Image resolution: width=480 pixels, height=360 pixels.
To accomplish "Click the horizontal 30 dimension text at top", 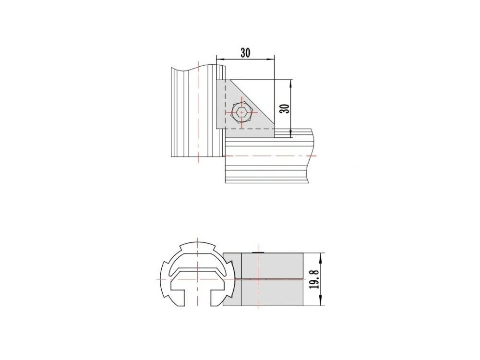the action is point(245,53).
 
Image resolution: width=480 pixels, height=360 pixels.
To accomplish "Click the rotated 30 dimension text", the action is point(285,108).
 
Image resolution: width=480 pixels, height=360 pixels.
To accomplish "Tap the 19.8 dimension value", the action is point(314,279).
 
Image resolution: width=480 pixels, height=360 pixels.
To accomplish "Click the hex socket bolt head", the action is point(242,113).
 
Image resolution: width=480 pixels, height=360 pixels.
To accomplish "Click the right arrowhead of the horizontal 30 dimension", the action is point(271,59).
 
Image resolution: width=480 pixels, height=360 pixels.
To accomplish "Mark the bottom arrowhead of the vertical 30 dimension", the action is point(290,133).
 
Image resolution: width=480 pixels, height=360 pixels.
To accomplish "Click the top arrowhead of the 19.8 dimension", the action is point(321,257).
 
